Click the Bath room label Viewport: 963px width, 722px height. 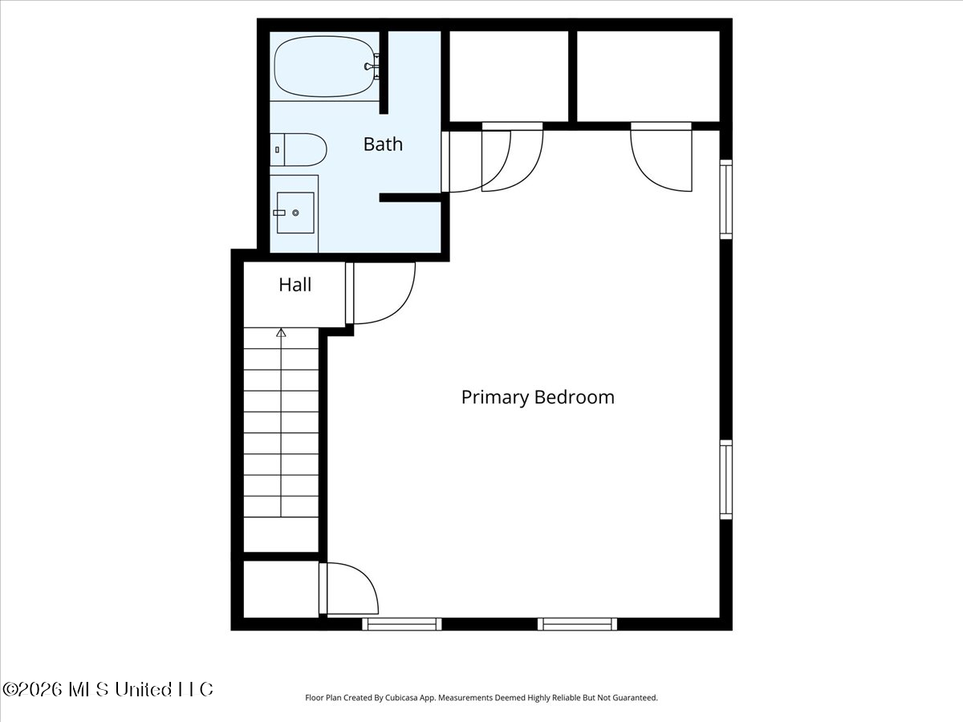[383, 144]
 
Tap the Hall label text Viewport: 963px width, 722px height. [295, 285]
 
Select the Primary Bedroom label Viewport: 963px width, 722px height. [538, 397]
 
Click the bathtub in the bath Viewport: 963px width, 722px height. [325, 67]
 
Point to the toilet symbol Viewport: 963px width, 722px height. [299, 149]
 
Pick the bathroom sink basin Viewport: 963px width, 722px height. [295, 213]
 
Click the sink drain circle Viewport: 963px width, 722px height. [295, 213]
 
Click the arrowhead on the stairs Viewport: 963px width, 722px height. [281, 333]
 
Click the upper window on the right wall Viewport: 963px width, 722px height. [726, 200]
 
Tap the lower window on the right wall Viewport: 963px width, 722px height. [726, 480]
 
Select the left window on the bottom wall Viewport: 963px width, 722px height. [402, 624]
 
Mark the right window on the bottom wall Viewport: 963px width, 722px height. [577, 624]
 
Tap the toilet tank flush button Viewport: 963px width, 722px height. [278, 150]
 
